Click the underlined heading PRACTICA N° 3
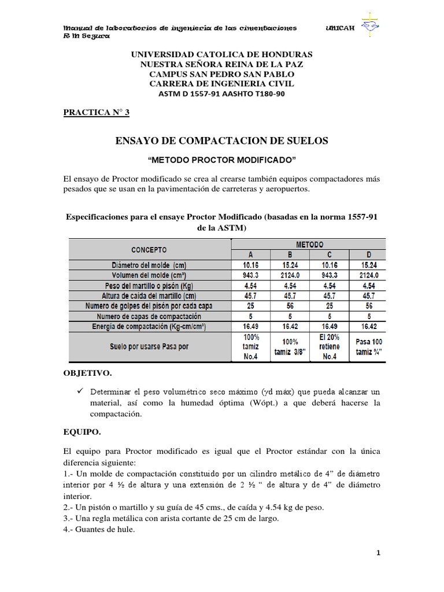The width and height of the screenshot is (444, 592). click(x=97, y=112)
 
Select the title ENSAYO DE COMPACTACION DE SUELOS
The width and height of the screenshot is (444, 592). click(x=222, y=140)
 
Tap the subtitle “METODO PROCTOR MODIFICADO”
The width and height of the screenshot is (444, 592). click(x=222, y=160)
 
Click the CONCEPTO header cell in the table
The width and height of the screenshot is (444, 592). click(x=149, y=250)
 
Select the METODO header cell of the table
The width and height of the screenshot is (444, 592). click(x=311, y=245)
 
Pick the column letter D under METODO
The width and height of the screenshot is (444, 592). click(x=369, y=255)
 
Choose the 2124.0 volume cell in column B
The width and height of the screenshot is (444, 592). click(x=291, y=275)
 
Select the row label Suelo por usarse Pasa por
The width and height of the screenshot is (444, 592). click(x=149, y=347)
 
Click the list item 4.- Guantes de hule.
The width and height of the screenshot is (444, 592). click(x=99, y=528)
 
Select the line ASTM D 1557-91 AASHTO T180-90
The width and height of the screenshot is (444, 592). click(x=222, y=93)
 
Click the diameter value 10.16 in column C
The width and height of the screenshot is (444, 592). click(x=330, y=265)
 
